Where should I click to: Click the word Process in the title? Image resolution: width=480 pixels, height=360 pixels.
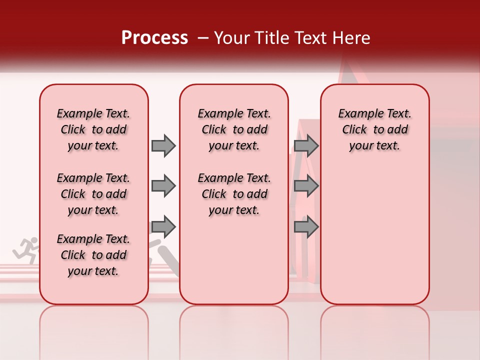tap(154, 38)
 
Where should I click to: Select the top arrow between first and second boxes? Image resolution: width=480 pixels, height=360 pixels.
tap(163, 145)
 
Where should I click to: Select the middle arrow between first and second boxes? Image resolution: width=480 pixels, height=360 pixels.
tap(163, 186)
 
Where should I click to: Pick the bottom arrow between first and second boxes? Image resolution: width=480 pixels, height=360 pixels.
tap(163, 227)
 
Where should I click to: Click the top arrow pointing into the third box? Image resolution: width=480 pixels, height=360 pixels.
tap(306, 145)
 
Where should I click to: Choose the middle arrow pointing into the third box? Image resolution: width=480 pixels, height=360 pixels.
tap(306, 186)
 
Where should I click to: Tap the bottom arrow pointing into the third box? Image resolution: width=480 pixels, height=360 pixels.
tap(306, 227)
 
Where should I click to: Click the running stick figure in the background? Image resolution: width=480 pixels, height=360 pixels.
tap(26, 250)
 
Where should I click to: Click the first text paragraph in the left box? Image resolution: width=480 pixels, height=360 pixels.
tap(93, 129)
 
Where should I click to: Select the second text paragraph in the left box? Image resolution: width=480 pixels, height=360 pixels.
tap(93, 194)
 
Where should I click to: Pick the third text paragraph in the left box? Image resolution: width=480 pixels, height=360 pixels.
tap(93, 255)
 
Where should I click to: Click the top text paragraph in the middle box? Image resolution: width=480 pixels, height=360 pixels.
tap(234, 129)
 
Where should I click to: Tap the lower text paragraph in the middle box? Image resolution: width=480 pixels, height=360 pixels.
tap(234, 194)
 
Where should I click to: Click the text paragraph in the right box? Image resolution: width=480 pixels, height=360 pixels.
tap(375, 129)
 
